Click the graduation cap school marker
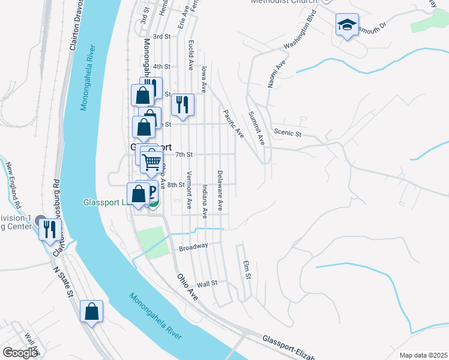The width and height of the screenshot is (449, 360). pos(347,25)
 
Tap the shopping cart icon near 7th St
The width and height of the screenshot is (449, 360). pos(152,161)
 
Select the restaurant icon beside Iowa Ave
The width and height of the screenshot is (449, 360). pos(183,104)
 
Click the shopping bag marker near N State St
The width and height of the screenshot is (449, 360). pos(91,311)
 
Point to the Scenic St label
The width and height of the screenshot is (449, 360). pos(287,133)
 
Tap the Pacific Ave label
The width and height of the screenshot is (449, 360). pos(233,123)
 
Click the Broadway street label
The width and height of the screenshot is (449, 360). pos(193,246)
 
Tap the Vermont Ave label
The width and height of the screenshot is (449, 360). pos(189,190)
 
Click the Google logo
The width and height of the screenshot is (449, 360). pos(20,353)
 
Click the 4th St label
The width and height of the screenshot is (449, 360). pos(162,67)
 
